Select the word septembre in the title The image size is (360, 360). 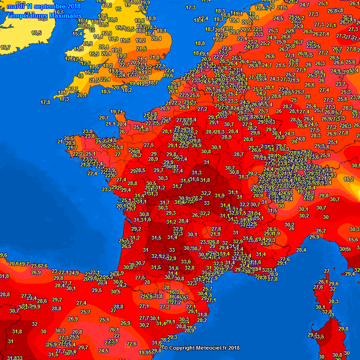click(52, 6)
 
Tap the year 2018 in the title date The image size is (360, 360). click(74, 6)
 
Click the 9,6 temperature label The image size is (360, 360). click(3, 255)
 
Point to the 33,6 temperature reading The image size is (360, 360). click(186, 262)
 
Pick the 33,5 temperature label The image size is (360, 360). click(319, 337)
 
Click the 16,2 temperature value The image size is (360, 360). click(348, 179)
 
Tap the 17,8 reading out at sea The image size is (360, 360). click(45, 102)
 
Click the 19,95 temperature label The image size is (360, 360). click(145, 352)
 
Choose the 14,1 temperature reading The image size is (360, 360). click(98, 37)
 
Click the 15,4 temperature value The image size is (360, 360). click(77, 34)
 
